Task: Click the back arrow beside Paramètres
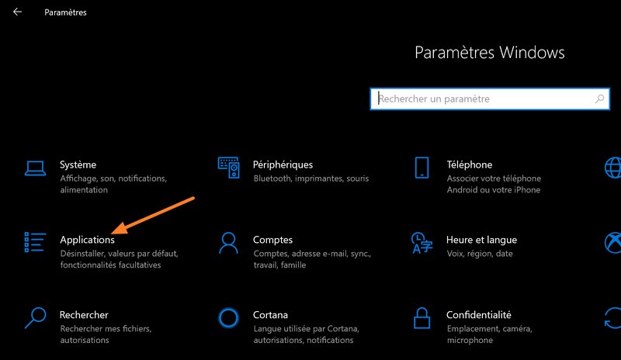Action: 17,12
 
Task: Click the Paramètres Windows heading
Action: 490,53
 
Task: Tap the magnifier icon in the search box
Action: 599,99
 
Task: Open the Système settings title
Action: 78,164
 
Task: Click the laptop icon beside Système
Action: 35,168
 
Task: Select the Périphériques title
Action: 283,164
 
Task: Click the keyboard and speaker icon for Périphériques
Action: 228,168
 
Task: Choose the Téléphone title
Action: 470,164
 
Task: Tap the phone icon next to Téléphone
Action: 422,168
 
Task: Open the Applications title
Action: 87,240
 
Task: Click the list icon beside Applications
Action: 35,242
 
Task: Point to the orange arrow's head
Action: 113,233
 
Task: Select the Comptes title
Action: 273,240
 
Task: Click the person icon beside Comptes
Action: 228,243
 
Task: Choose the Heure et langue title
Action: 481,240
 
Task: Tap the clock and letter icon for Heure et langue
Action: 422,243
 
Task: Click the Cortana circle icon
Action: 228,318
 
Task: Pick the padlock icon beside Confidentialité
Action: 422,317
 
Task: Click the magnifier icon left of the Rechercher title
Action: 35,318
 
